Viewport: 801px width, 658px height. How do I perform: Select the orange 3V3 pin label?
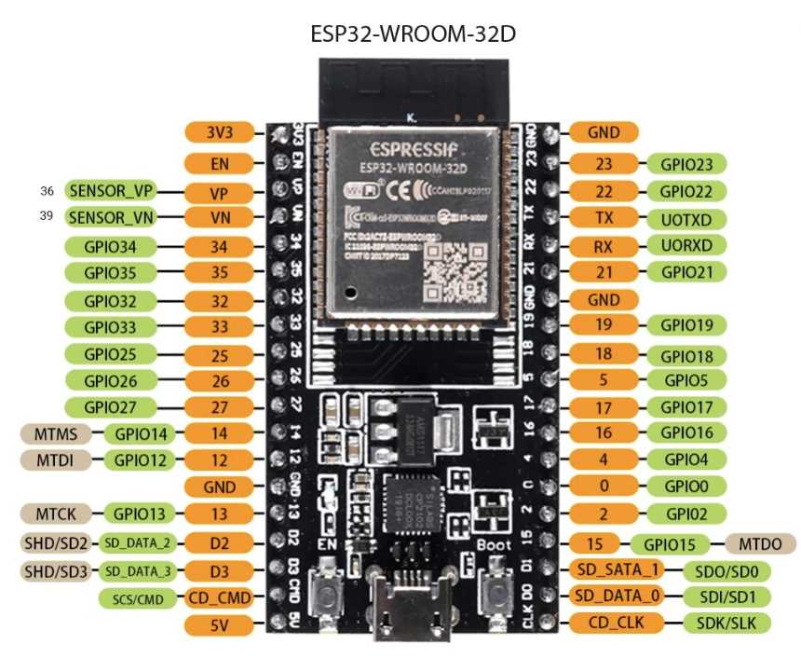coord(220,131)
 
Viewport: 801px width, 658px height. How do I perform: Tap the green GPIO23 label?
coord(686,164)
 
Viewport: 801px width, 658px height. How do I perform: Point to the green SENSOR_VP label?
coord(110,190)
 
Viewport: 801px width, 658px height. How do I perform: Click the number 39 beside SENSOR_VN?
coord(48,217)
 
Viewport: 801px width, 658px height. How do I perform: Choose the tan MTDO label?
coord(753,543)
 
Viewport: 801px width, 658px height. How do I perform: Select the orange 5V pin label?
coord(220,624)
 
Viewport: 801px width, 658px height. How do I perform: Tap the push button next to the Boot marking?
coord(495,597)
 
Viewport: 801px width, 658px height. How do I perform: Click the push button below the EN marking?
coord(328,596)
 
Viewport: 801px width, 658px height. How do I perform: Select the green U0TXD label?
coord(686,219)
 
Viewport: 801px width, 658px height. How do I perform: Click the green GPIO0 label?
coord(686,486)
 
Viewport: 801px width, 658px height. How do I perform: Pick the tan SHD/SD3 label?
coord(54,569)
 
